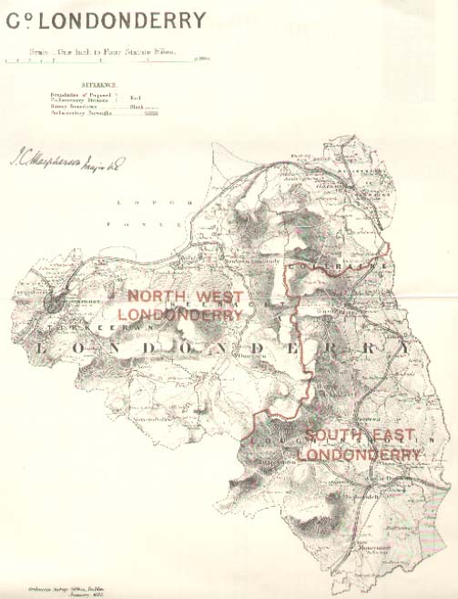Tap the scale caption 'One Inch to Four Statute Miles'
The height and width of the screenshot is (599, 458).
pyautogui.click(x=114, y=52)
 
